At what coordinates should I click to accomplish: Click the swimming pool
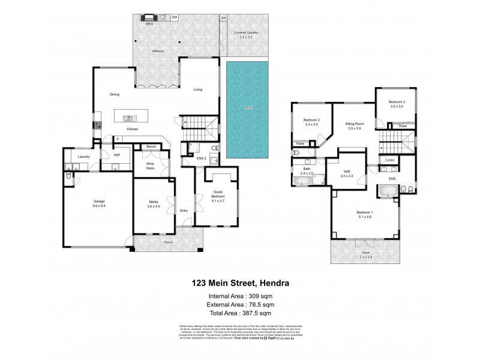point(247,108)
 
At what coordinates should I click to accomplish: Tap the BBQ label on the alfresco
point(149,24)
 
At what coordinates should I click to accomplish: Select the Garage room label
point(100,201)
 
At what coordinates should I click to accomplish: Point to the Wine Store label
point(150,166)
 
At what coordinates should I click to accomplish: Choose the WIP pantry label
point(117,155)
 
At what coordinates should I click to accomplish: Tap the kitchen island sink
point(128,118)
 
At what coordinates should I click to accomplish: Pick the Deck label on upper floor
point(365,254)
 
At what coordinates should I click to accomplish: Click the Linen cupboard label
point(390,160)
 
